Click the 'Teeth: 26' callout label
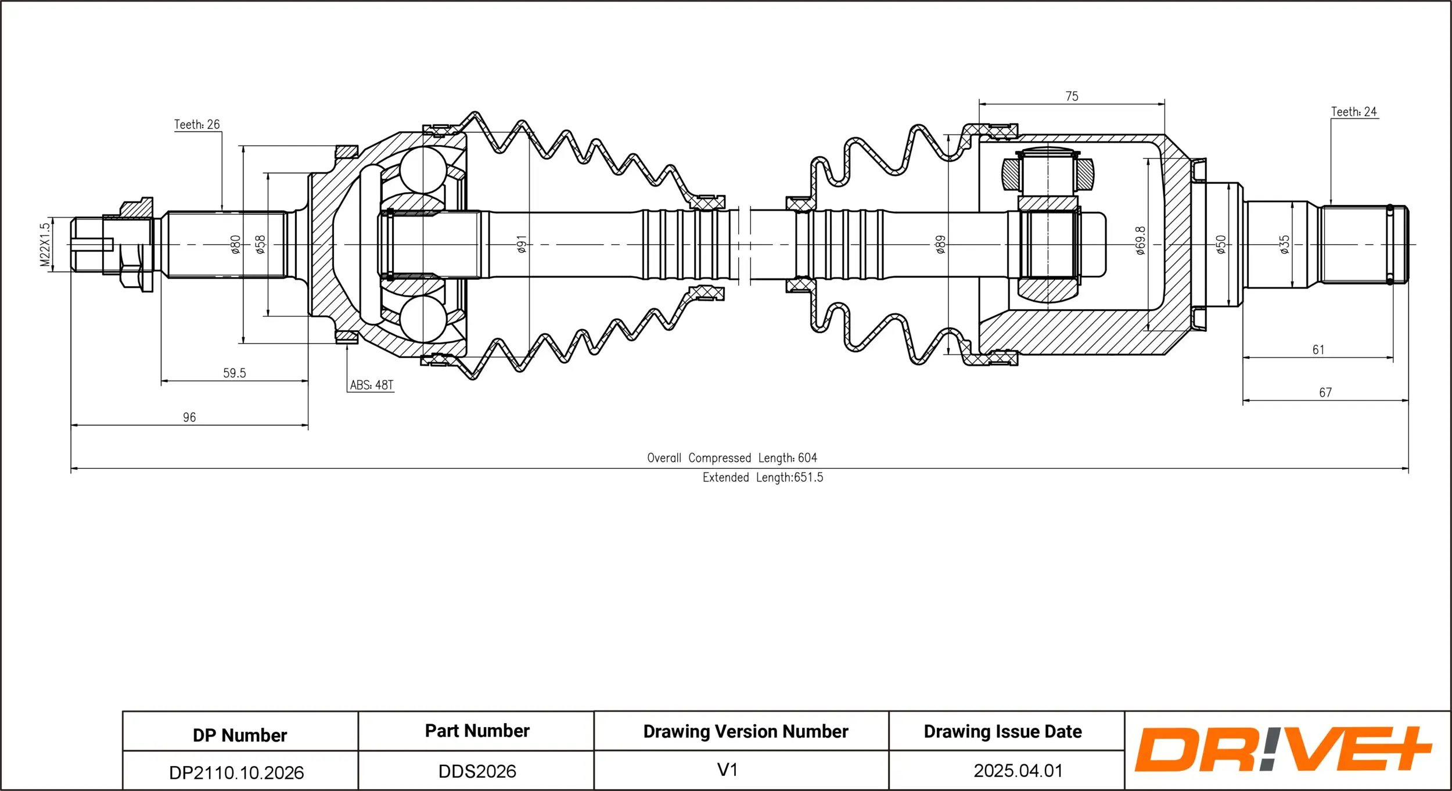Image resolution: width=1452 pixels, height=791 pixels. [x=197, y=125]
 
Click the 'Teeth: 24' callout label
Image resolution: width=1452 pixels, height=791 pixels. [x=1354, y=112]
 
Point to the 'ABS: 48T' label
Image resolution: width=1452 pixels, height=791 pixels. [x=371, y=385]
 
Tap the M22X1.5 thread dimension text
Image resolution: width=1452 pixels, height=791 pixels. [x=45, y=245]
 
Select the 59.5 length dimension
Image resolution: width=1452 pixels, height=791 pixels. [x=234, y=373]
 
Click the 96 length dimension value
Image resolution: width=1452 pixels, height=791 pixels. [x=189, y=417]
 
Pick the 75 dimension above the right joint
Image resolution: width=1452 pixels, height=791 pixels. [x=1072, y=96]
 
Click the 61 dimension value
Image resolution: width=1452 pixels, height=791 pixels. [x=1318, y=350]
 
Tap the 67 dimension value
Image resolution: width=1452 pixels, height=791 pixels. [x=1325, y=393]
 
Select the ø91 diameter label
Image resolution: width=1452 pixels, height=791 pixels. [x=522, y=244]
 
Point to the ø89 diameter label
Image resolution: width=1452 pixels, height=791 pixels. [x=940, y=244]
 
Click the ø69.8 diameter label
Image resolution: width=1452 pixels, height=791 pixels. [x=1140, y=241]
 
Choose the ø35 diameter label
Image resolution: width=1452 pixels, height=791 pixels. [x=1285, y=244]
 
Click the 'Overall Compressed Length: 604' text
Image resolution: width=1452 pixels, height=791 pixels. [x=732, y=458]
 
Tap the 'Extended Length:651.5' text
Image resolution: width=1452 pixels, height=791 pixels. [x=763, y=478]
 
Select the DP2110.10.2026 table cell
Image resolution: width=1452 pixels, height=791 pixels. [x=236, y=772]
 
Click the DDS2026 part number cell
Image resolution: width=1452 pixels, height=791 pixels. [x=477, y=771]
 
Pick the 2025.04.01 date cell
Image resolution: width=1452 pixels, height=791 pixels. [x=1018, y=771]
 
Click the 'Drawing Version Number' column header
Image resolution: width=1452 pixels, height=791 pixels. [x=746, y=731]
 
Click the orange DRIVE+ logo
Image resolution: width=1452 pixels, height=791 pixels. [x=1282, y=749]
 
